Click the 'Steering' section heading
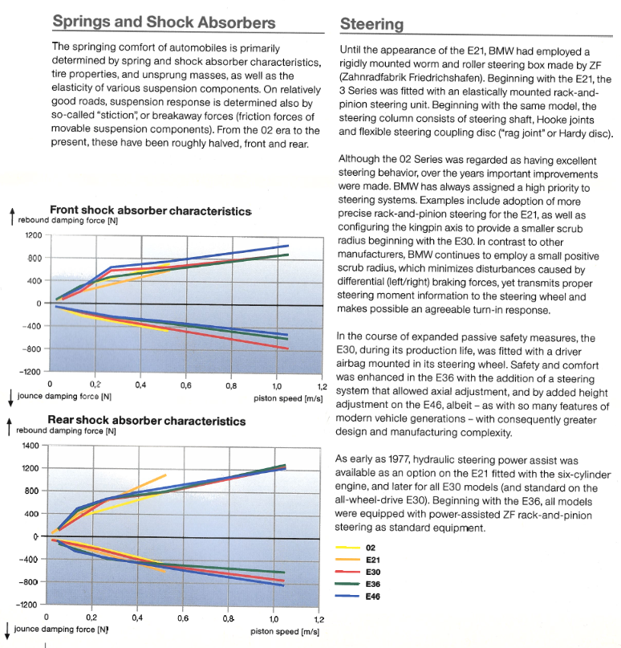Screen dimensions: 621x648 point(371,24)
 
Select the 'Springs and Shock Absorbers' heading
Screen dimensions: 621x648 point(164,22)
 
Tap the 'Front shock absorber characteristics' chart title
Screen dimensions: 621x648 point(150,210)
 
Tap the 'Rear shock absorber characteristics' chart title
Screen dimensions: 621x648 point(147,421)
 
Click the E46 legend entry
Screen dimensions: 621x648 point(358,597)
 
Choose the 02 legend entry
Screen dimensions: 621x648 point(355,548)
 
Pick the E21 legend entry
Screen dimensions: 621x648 point(358,560)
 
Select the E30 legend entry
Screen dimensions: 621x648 point(358,572)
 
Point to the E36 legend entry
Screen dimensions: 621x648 point(358,584)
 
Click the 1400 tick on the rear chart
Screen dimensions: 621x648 point(30,446)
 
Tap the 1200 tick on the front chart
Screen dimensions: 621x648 point(34,235)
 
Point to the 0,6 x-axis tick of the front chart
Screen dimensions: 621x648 point(186,385)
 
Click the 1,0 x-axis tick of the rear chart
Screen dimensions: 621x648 point(274,619)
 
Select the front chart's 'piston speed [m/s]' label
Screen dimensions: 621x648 point(288,399)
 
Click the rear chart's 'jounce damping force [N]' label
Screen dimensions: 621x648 point(61,630)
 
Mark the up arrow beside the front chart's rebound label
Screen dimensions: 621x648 point(12,216)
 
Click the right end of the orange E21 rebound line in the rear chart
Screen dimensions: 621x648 point(166,475)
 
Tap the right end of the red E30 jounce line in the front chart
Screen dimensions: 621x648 point(288,348)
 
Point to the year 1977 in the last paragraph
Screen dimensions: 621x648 point(399,459)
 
